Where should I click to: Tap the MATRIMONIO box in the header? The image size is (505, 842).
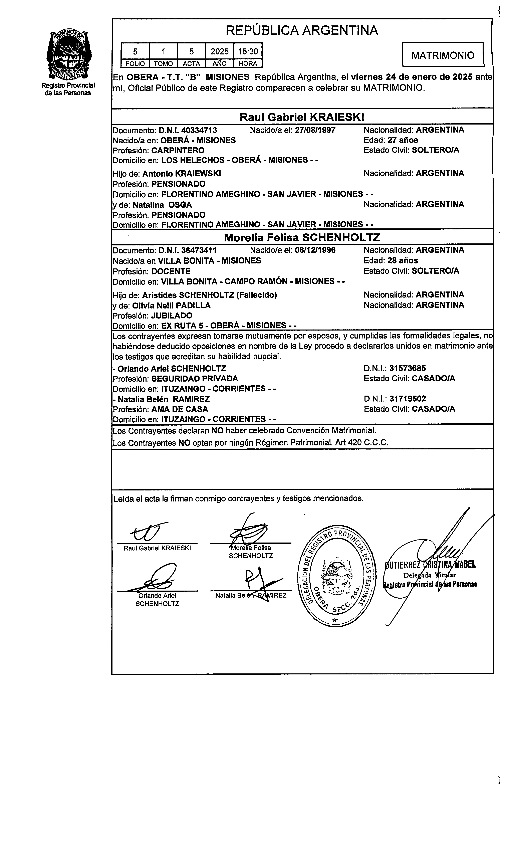tap(443, 55)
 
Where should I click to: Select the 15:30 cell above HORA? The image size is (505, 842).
tap(248, 51)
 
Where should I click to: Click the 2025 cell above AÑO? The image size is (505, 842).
tap(220, 51)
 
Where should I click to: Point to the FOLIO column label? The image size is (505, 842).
tap(135, 64)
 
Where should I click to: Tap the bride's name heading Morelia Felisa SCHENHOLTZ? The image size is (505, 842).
tap(302, 238)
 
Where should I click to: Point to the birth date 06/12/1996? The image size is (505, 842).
tap(315, 250)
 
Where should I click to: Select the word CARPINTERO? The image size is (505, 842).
tap(178, 150)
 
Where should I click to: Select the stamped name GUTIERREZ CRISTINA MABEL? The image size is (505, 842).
tap(430, 565)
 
